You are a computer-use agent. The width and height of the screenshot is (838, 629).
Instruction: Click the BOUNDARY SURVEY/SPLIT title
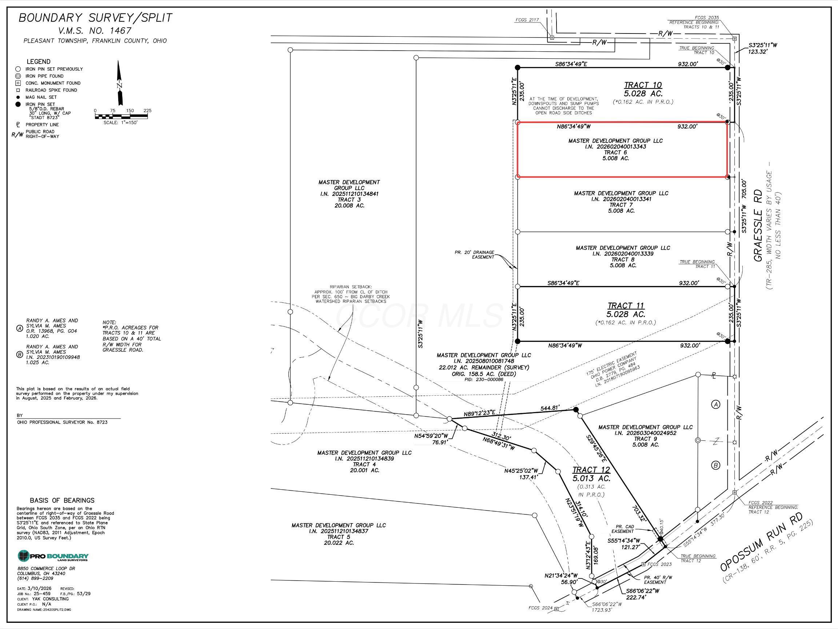(x=95, y=18)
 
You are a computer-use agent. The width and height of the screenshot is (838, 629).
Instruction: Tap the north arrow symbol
(x=120, y=83)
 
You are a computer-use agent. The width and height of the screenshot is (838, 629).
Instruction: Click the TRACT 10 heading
(x=643, y=85)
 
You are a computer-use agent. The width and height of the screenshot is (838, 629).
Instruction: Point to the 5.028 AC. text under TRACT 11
(x=626, y=314)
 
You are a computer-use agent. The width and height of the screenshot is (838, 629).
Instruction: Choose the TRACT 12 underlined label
(x=591, y=470)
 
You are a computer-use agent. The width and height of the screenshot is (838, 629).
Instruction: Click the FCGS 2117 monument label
(x=527, y=20)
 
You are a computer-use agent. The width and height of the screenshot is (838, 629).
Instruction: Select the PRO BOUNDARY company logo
(x=53, y=556)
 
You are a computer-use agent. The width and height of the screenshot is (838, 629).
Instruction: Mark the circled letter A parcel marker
(x=716, y=404)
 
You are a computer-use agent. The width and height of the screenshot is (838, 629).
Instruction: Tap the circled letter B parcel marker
(x=716, y=465)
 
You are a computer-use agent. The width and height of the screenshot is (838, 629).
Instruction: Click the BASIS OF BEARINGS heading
(x=62, y=500)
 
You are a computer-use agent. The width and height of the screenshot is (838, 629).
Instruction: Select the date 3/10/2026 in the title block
(x=39, y=589)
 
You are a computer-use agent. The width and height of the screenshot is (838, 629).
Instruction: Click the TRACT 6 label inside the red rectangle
(x=615, y=153)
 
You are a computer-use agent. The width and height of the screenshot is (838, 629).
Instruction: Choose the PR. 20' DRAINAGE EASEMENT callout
(x=474, y=254)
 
